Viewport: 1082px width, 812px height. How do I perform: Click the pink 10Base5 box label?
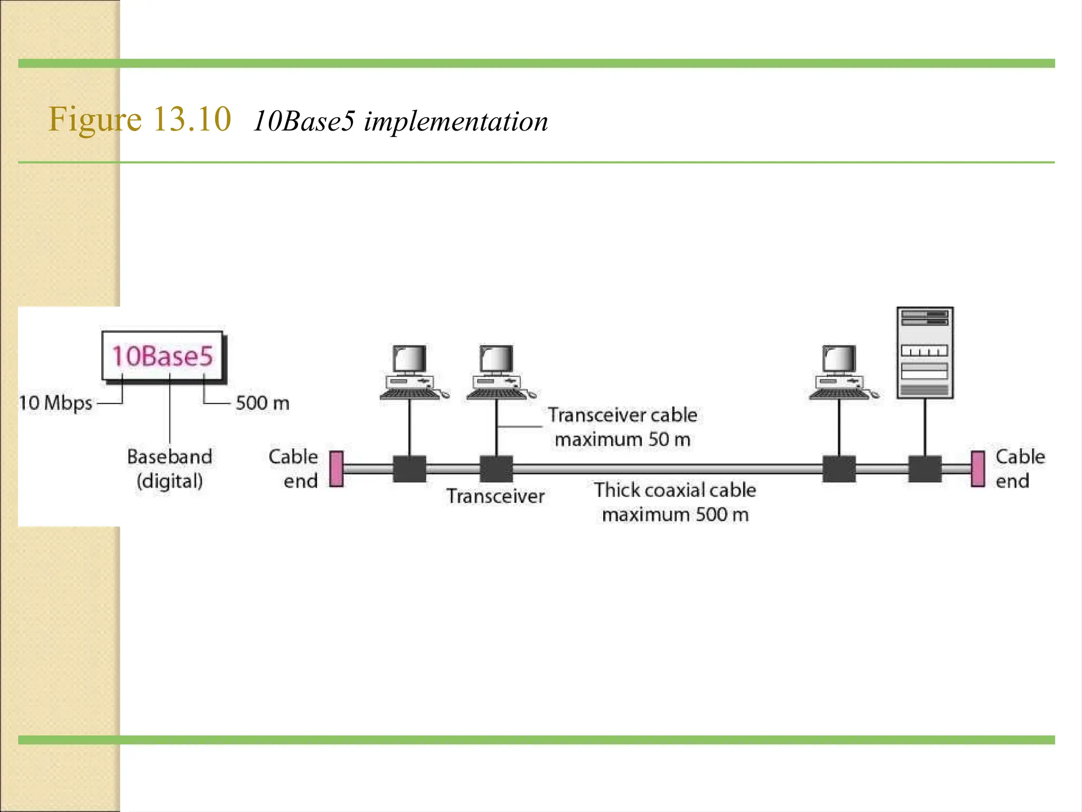(163, 356)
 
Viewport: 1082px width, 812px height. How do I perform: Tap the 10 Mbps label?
(55, 403)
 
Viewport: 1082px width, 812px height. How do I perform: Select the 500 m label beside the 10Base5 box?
(263, 403)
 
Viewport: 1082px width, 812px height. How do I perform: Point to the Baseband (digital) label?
(170, 468)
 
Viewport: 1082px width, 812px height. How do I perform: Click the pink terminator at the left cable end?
(336, 469)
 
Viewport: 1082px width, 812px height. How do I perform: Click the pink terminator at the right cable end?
(978, 469)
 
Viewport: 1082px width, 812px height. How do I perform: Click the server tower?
(925, 353)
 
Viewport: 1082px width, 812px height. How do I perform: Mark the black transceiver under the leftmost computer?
(409, 469)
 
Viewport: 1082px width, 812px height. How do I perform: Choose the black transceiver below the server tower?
(925, 469)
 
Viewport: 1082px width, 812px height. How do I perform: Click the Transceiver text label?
(495, 496)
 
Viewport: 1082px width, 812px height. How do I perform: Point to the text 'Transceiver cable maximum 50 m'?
(622, 427)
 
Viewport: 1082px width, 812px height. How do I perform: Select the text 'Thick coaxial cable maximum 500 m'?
(675, 502)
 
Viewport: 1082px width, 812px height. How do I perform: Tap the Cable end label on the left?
(294, 468)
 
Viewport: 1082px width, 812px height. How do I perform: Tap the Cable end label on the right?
(1020, 468)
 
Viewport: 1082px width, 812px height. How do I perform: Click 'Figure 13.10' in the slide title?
(140, 119)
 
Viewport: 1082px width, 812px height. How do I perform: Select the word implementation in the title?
(456, 122)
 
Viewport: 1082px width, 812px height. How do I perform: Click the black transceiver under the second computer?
(496, 469)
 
